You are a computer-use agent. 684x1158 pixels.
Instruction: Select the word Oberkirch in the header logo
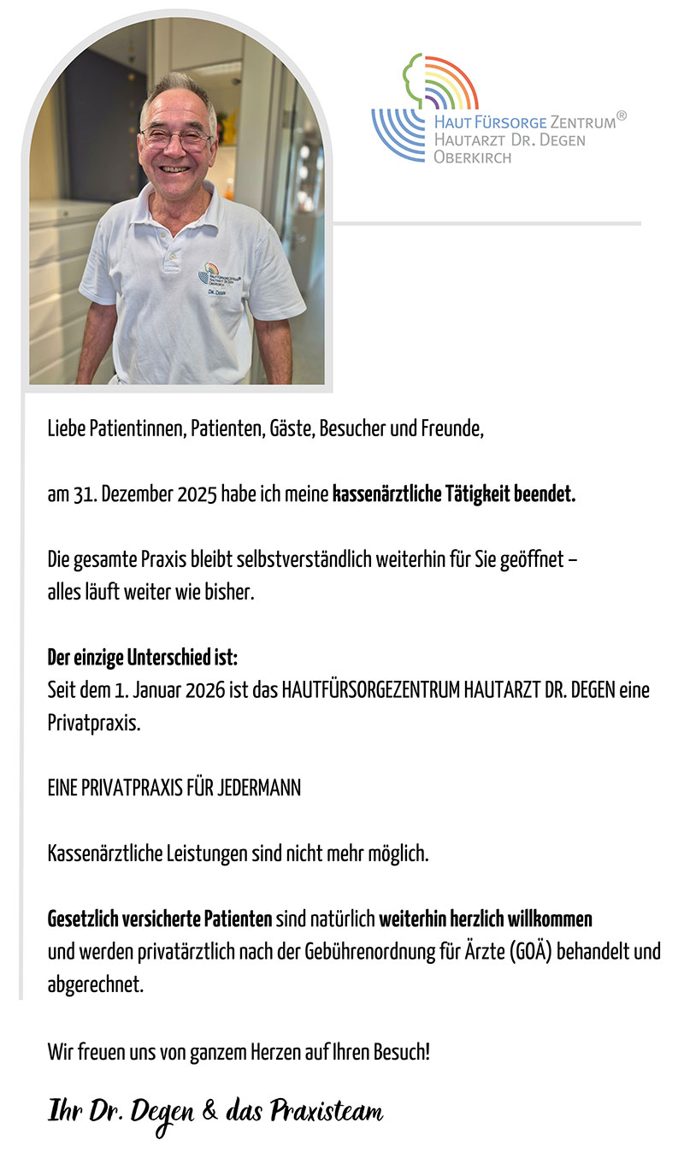472,157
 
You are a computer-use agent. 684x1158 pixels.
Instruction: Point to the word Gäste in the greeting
291,428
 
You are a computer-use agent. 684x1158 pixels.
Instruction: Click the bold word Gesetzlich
86,919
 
